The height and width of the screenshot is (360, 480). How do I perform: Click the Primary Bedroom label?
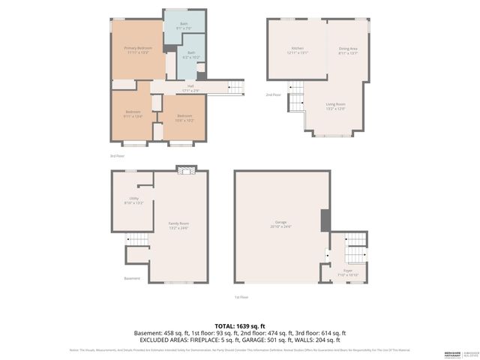click(x=138, y=49)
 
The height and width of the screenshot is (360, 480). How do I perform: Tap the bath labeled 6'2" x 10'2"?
click(x=191, y=55)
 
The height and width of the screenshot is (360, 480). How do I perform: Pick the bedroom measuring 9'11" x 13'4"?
click(x=132, y=115)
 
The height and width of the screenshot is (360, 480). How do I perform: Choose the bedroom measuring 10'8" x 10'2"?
click(x=184, y=118)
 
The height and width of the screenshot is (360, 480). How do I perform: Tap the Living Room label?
click(x=335, y=106)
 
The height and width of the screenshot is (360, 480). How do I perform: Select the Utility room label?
click(x=133, y=201)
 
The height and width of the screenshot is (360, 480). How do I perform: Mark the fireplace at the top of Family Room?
click(x=184, y=170)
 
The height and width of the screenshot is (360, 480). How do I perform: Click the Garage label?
click(x=282, y=225)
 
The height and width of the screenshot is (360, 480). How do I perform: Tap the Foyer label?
click(x=348, y=273)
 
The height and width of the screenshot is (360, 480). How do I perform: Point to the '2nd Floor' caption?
click(x=273, y=95)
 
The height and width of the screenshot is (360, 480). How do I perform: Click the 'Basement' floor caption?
click(x=132, y=278)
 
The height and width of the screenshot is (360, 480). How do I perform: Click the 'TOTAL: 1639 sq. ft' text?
click(x=240, y=326)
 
